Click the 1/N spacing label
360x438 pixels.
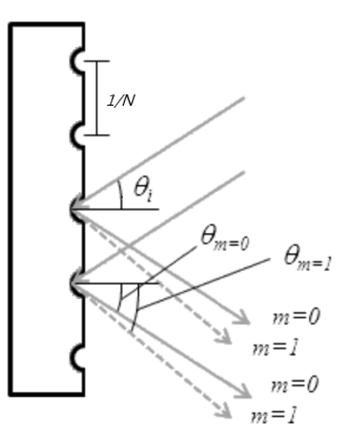click(120, 101)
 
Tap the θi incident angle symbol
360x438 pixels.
click(143, 190)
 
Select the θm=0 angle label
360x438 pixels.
click(225, 239)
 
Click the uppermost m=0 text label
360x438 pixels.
click(296, 316)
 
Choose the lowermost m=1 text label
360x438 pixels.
click(274, 416)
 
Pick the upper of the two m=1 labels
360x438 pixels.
click(274, 348)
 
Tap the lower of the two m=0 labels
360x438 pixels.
click(295, 384)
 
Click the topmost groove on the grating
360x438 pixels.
click(76, 61)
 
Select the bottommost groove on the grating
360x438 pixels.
click(76, 358)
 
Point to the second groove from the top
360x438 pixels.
click(76, 135)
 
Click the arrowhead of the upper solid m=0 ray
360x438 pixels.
click(244, 319)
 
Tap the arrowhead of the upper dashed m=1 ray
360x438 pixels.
click(225, 337)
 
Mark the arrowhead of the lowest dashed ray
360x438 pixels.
click(225, 412)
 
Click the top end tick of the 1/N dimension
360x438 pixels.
click(96, 61)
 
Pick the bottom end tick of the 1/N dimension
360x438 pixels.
click(96, 135)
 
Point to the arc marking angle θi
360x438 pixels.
click(120, 194)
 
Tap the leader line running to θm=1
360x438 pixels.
click(204, 284)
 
